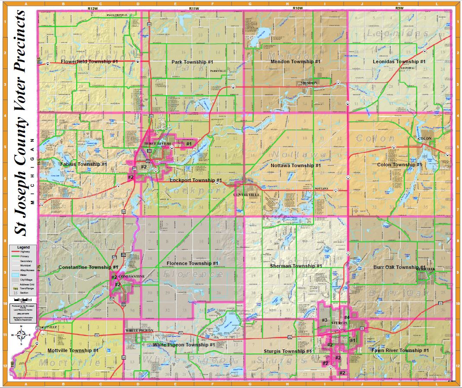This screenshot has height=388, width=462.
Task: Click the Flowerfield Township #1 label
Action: click(x=90, y=62)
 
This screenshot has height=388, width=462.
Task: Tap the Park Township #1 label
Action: click(x=192, y=62)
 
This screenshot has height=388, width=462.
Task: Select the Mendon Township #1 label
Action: click(x=295, y=61)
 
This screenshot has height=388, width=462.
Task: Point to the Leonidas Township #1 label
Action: click(x=399, y=61)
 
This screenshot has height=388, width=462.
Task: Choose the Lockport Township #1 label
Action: click(x=196, y=180)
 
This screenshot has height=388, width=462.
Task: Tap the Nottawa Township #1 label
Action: click(x=295, y=165)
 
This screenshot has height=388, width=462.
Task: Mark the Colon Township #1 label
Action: click(x=399, y=165)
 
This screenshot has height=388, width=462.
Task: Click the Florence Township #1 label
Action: click(x=192, y=263)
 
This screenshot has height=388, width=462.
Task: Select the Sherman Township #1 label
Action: click(x=295, y=266)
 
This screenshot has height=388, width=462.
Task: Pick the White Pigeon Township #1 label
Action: click(x=183, y=345)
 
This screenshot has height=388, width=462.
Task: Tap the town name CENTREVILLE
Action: click(x=247, y=195)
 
